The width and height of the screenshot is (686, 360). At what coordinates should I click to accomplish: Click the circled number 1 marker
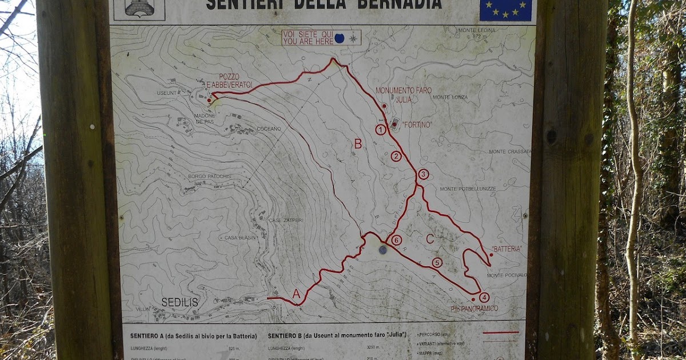pyautogui.click(x=381, y=130)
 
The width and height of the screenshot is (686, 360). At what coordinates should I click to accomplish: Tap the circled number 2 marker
pyautogui.click(x=396, y=156)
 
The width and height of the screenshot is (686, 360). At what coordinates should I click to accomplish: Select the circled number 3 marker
pyautogui.click(x=423, y=174)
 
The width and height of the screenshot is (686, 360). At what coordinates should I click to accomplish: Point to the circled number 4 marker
pyautogui.click(x=484, y=297)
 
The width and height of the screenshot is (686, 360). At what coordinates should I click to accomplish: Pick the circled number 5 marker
pyautogui.click(x=437, y=263)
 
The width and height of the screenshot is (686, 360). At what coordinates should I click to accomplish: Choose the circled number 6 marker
pyautogui.click(x=396, y=241)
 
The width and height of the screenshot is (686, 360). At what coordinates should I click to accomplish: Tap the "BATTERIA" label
pyautogui.click(x=506, y=249)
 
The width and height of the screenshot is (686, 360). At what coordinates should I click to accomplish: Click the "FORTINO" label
pyautogui.click(x=417, y=124)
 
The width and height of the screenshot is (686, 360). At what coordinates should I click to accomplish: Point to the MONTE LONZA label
pyautogui.click(x=450, y=97)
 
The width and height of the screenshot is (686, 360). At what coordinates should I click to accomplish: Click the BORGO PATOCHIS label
pyautogui.click(x=210, y=177)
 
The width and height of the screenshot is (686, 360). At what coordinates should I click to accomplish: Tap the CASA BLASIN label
pyautogui.click(x=239, y=238)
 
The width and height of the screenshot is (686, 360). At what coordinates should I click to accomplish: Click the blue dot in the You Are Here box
pyautogui.click(x=339, y=38)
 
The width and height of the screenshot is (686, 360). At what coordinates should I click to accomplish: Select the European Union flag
pyautogui.click(x=505, y=10)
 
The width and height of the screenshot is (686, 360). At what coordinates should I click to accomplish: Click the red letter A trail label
pyautogui.click(x=296, y=294)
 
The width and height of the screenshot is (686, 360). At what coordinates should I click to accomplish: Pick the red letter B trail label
pyautogui.click(x=357, y=144)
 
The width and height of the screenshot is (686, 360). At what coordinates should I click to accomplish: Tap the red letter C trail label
pyautogui.click(x=430, y=239)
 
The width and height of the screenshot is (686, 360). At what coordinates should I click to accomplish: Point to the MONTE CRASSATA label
pyautogui.click(x=510, y=151)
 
